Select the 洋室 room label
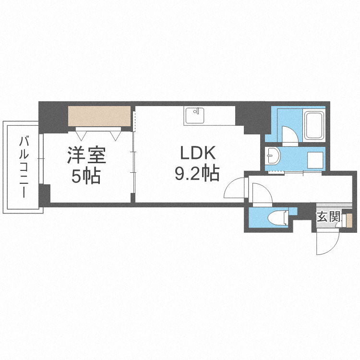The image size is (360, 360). [85, 156]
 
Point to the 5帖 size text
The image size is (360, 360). [85, 176]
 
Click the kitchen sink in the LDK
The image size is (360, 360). [194, 116]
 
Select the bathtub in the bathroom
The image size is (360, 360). [314, 125]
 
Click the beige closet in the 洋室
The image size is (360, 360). [99, 116]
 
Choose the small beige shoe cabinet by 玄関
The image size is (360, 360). [349, 220]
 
